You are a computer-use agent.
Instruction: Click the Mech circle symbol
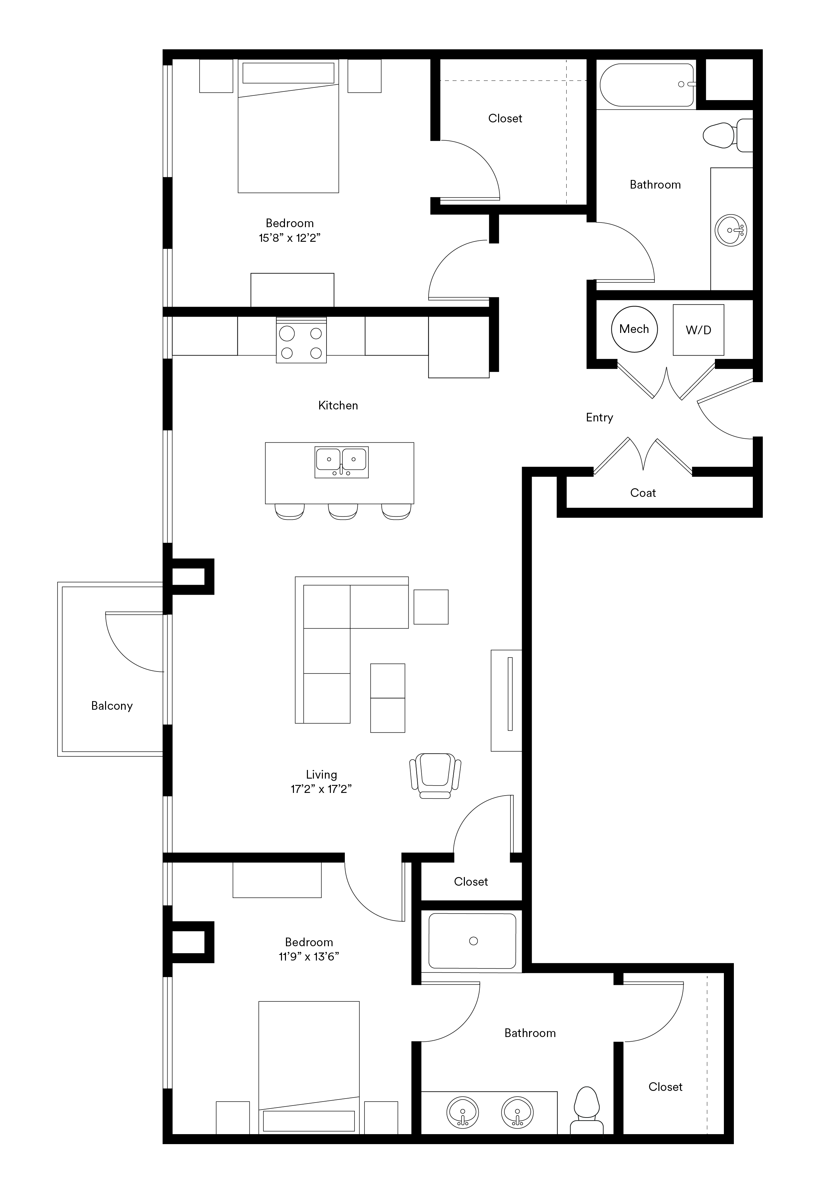pyautogui.click(x=634, y=329)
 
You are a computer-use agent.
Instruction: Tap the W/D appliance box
pyautogui.click(x=698, y=330)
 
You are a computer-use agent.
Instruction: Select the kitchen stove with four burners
pyautogui.click(x=301, y=340)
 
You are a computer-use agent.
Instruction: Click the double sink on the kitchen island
pyautogui.click(x=341, y=462)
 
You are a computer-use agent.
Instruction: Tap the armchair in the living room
pyautogui.click(x=435, y=776)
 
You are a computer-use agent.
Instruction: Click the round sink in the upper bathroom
pyautogui.click(x=731, y=230)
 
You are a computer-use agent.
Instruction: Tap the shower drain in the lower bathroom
pyautogui.click(x=474, y=941)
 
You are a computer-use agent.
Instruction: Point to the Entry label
pyautogui.click(x=600, y=417)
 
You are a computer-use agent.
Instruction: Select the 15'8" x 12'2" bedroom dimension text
pyautogui.click(x=290, y=237)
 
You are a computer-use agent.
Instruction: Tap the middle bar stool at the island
pyautogui.click(x=343, y=512)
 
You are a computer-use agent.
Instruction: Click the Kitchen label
pyautogui.click(x=338, y=405)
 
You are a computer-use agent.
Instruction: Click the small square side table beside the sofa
pyautogui.click(x=431, y=607)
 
